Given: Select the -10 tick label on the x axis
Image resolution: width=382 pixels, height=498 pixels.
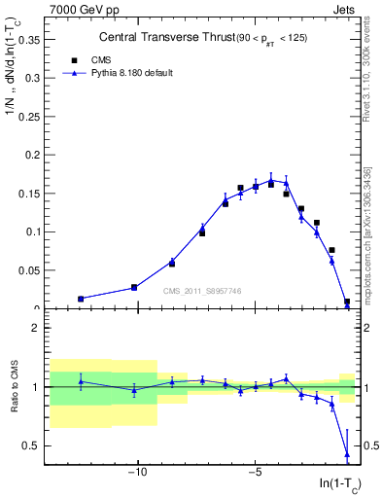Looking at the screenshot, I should point(138,474).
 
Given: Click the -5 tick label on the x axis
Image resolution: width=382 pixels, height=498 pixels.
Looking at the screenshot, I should point(255,474).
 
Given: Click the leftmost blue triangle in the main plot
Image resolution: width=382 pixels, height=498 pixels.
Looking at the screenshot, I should point(81,299).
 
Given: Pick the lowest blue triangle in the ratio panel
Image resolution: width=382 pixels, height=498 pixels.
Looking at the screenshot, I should point(347,453).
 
